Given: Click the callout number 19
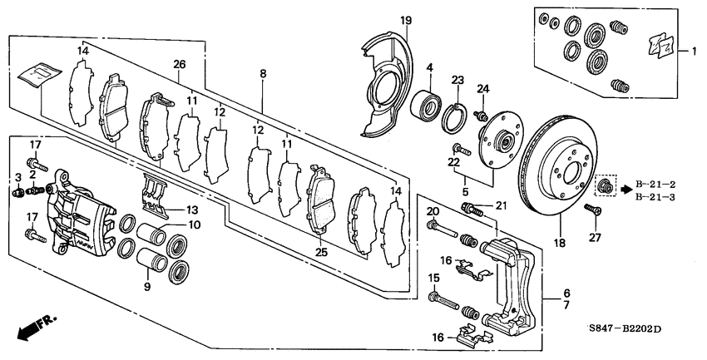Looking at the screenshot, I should [x=405, y=21].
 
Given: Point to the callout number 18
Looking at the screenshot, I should [x=560, y=243].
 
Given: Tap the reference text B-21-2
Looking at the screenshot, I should [x=655, y=184].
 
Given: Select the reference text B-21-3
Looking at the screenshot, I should [x=655, y=197].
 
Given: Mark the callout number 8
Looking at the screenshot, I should [x=263, y=74].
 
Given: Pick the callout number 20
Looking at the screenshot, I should [x=433, y=211].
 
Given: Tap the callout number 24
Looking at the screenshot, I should [x=482, y=89].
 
